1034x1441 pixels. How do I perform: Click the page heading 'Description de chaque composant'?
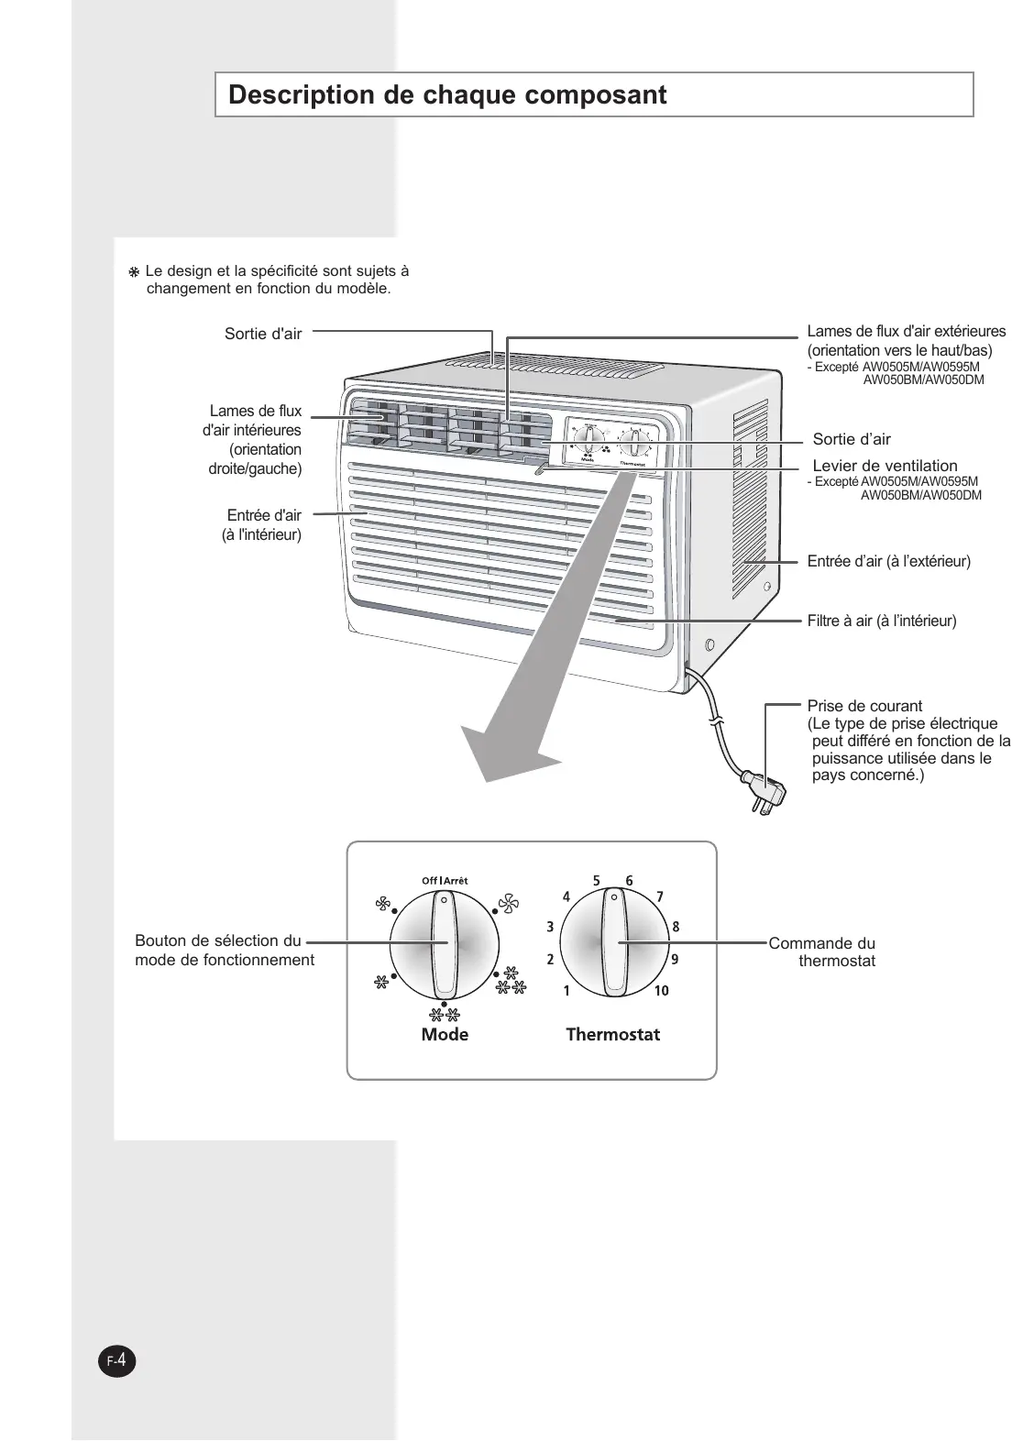click(447, 95)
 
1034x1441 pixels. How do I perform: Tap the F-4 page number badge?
click(116, 1361)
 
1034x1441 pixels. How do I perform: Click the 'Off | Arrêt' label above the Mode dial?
click(445, 881)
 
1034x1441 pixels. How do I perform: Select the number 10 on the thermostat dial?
click(662, 991)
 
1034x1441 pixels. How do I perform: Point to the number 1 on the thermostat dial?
click(566, 991)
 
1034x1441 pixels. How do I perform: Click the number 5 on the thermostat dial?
click(596, 881)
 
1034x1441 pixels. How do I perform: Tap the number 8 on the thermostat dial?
click(676, 927)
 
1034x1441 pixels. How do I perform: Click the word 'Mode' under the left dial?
click(445, 1035)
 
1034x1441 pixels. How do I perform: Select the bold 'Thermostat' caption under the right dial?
click(612, 1035)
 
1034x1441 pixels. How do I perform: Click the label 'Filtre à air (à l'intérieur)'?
click(881, 621)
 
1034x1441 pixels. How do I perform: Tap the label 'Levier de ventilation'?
click(885, 466)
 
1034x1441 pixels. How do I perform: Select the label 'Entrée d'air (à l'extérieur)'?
click(888, 561)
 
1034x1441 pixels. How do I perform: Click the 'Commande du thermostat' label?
click(822, 951)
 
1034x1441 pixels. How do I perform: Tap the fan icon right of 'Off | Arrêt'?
click(508, 906)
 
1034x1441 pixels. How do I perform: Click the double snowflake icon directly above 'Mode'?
click(445, 1015)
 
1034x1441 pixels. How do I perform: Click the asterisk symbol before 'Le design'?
click(134, 273)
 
